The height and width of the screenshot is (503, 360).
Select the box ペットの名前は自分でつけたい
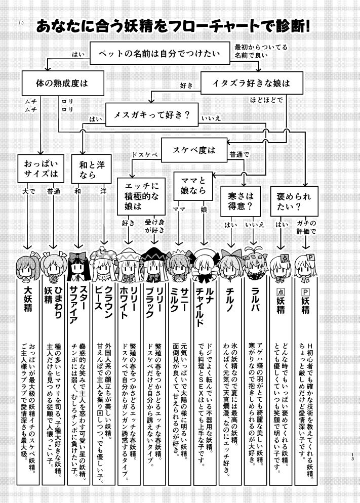[160, 53]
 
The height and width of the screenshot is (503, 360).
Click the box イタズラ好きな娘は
[246, 81]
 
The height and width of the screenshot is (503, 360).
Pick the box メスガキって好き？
[151, 114]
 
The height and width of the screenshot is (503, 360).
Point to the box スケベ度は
[194, 150]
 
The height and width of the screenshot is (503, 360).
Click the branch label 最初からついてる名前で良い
[261, 51]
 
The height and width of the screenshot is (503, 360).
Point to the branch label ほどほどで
[266, 100]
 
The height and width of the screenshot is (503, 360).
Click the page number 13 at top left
[20, 23]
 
